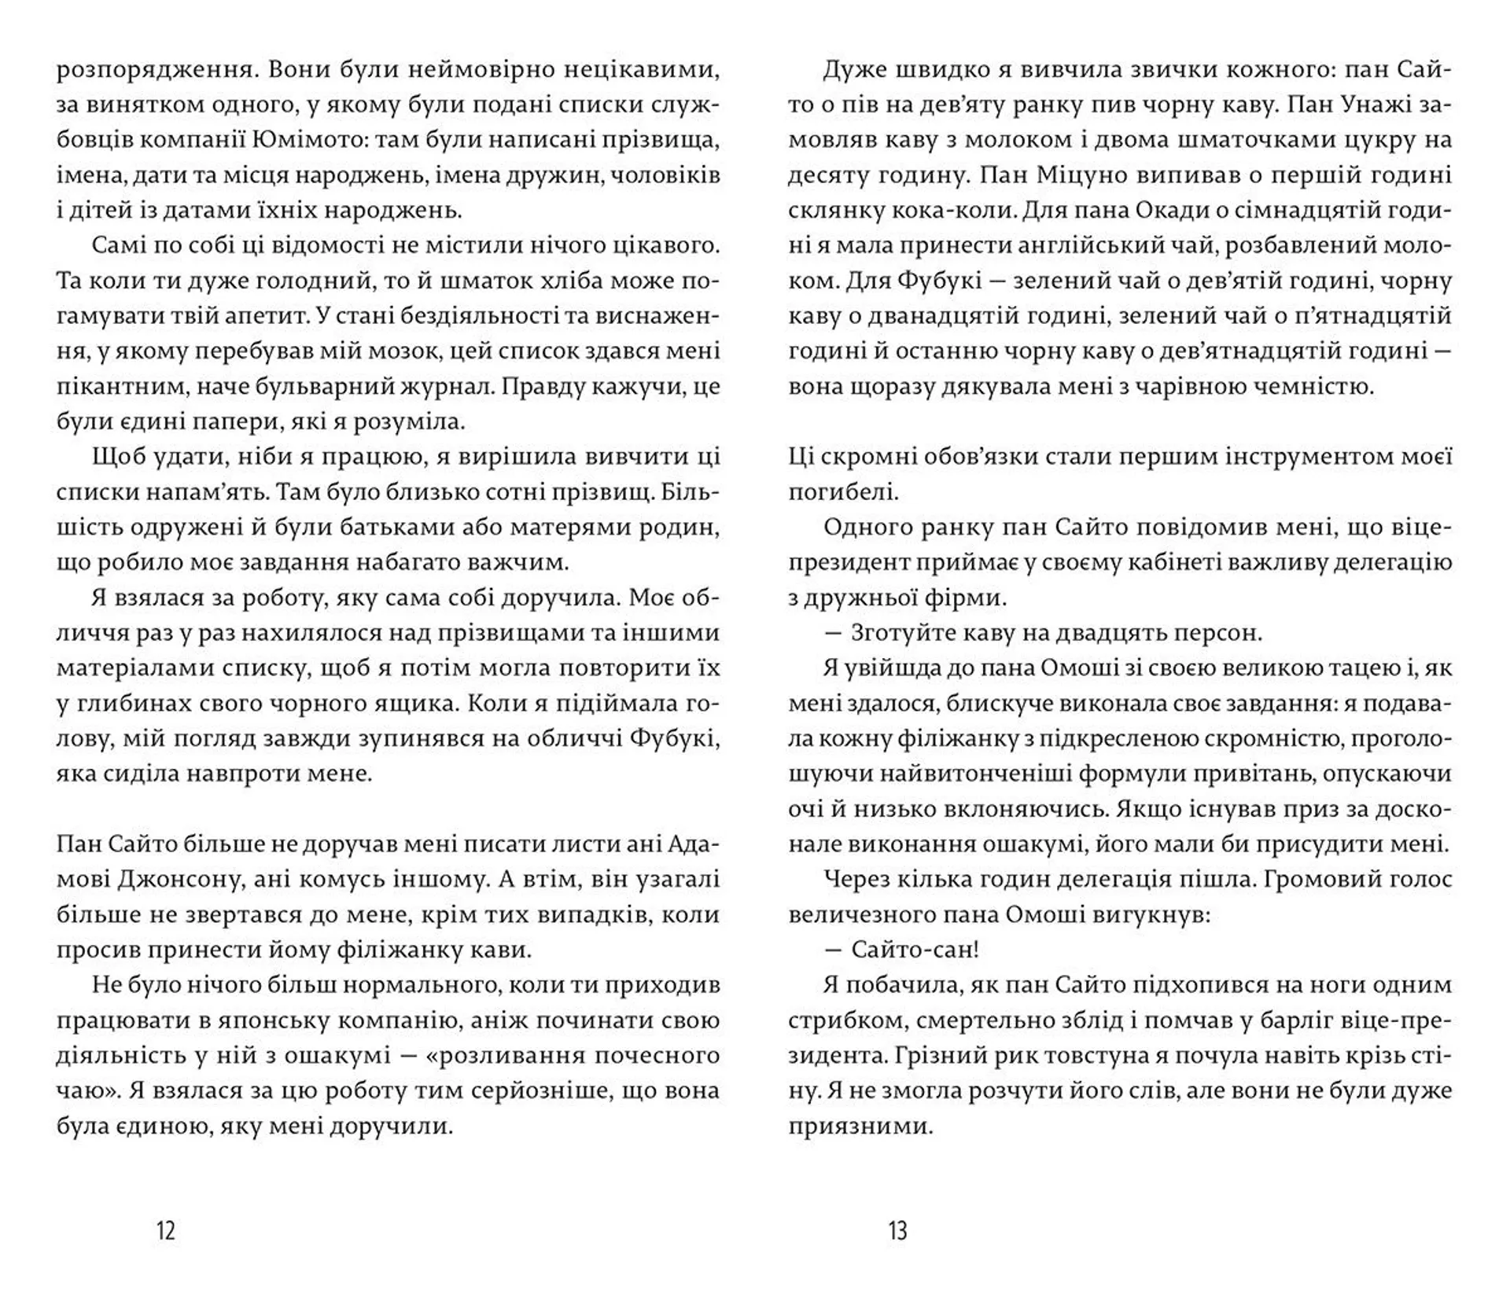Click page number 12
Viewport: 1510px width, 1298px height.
(166, 1230)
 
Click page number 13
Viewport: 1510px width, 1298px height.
(897, 1230)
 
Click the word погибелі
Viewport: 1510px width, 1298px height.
(843, 493)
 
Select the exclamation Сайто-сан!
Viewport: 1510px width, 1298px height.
(915, 951)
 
